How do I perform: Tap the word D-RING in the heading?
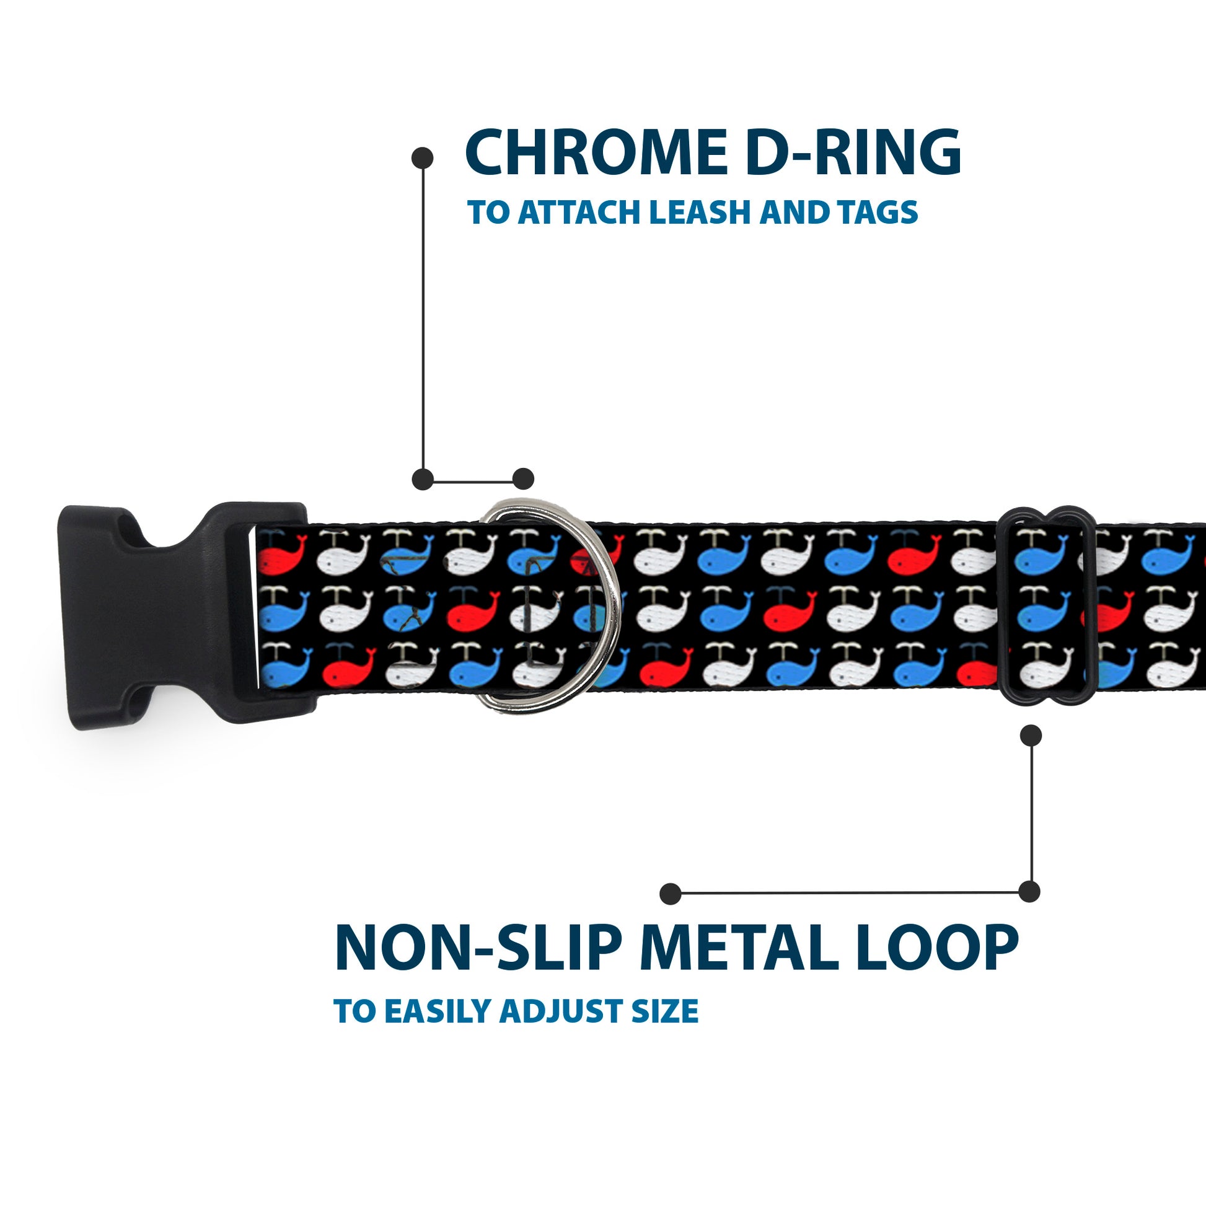pyautogui.click(x=853, y=152)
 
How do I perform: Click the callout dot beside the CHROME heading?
pyautogui.click(x=423, y=158)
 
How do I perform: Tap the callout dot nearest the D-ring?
pyautogui.click(x=523, y=479)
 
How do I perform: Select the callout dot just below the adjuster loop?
pyautogui.click(x=1031, y=736)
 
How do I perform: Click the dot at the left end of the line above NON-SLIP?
pyautogui.click(x=671, y=893)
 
